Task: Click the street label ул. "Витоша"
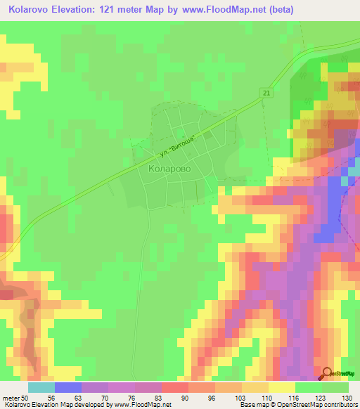(x=177, y=144)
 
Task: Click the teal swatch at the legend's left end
(x=41, y=387)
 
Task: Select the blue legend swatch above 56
(x=67, y=387)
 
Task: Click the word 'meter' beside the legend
(x=11, y=397)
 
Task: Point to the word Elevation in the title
(x=85, y=9)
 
